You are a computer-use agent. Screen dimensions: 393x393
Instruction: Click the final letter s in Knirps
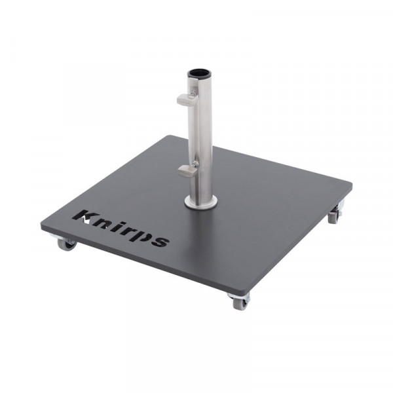[x=159, y=240]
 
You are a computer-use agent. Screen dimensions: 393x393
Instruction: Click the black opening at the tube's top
[x=198, y=73]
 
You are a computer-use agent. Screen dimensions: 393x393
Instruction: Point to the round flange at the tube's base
[x=200, y=202]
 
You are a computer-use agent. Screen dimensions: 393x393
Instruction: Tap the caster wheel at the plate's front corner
[x=239, y=302]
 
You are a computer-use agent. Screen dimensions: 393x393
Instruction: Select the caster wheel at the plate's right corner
[x=335, y=215]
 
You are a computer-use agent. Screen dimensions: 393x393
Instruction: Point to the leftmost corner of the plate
[x=43, y=224]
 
